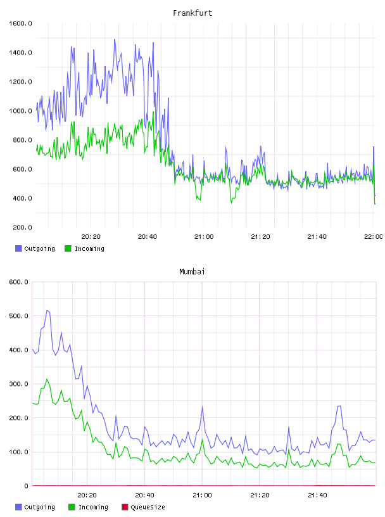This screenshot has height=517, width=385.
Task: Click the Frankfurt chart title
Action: (x=192, y=13)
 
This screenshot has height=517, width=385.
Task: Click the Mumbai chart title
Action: (x=192, y=272)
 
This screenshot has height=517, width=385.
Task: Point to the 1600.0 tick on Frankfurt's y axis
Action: (x=20, y=23)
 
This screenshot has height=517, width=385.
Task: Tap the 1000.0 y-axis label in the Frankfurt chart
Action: (x=20, y=111)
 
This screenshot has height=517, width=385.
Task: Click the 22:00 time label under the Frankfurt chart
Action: (x=374, y=237)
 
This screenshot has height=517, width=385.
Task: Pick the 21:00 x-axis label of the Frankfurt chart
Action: (x=204, y=237)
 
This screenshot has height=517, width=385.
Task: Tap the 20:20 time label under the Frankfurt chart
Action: (x=91, y=237)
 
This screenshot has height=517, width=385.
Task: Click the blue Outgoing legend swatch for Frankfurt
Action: (x=18, y=248)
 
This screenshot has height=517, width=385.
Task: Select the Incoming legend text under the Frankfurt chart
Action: (x=90, y=248)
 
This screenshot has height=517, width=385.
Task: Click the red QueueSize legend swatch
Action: (x=125, y=507)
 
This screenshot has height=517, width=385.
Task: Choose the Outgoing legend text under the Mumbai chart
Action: (x=39, y=507)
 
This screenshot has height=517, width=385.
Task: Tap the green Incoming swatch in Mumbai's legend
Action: (x=72, y=507)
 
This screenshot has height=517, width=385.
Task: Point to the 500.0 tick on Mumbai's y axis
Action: (x=19, y=316)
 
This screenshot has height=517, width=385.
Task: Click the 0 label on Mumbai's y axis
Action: (x=27, y=486)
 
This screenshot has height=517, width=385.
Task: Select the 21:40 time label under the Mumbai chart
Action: (x=317, y=495)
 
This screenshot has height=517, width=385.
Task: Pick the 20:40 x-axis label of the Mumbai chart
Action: (x=145, y=495)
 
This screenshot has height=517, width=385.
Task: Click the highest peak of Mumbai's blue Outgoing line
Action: (x=47, y=310)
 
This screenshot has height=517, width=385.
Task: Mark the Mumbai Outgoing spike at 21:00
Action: (x=203, y=407)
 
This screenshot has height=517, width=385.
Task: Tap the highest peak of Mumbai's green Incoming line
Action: (x=47, y=379)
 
